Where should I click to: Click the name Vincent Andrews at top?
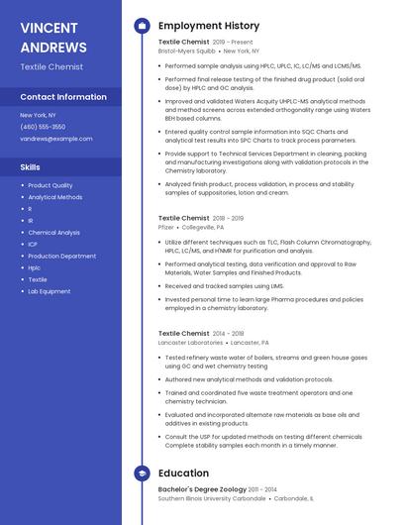point(52,37)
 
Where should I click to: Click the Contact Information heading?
point(63,97)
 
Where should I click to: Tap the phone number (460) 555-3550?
point(43,127)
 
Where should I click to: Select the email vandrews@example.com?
point(49,139)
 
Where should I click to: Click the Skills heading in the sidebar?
point(30,167)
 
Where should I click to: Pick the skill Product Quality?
point(50,185)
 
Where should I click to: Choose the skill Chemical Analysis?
point(53,232)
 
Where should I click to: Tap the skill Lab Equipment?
point(49,291)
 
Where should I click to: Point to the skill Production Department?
point(61,256)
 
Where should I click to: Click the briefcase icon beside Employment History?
point(142,26)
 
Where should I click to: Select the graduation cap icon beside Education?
point(142,473)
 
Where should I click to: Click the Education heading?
point(183,473)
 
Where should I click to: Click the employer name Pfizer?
point(165,227)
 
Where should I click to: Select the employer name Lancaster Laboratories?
point(190,342)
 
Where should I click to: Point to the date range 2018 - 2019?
point(228,218)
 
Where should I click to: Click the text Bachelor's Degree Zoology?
point(203,489)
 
